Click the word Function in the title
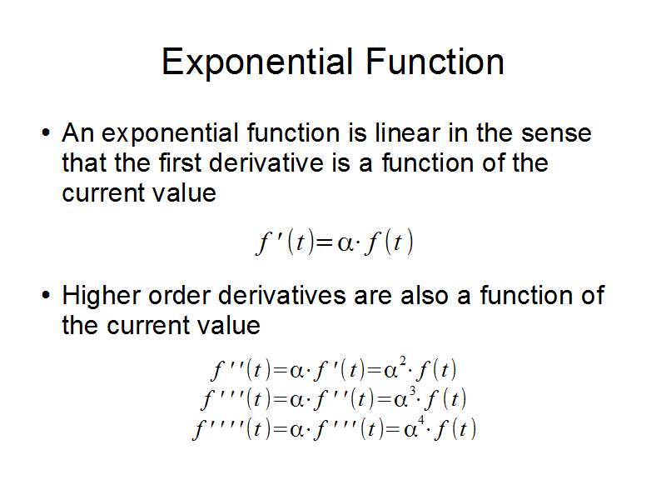coord(435,62)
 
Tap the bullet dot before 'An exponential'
coord(46,132)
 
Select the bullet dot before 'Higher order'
coord(46,295)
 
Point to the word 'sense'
coord(556,133)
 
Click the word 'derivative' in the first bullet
coord(266,162)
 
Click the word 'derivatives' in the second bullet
coord(281,295)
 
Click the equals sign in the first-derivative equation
coord(325,243)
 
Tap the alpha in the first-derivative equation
coord(345,243)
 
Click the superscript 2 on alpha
coord(403,362)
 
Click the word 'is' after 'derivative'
coord(340,162)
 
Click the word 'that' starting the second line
coord(84,162)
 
